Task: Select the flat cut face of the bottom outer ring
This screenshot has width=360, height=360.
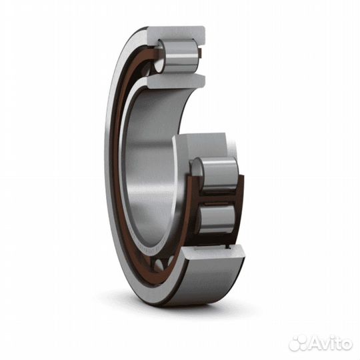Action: coord(212,254)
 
